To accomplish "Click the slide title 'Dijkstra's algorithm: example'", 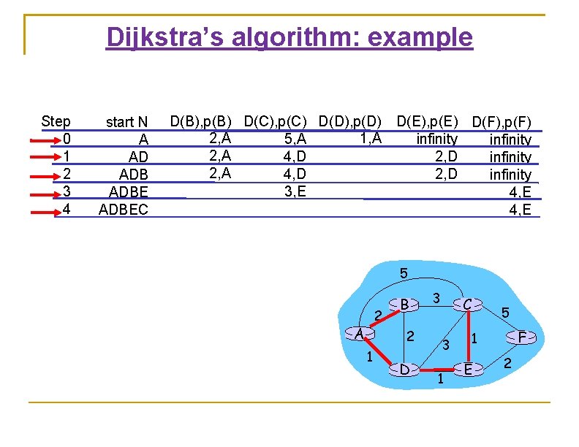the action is pyautogui.click(x=289, y=37).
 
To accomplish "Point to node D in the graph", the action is pyautogui.click(x=404, y=369).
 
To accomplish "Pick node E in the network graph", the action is pyautogui.click(x=469, y=369).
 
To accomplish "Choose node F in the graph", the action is pyautogui.click(x=521, y=337).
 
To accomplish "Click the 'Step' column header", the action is pyautogui.click(x=56, y=121).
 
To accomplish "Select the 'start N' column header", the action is pyautogui.click(x=126, y=122).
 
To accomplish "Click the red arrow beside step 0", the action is pyautogui.click(x=47, y=140).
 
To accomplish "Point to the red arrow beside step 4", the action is pyautogui.click(x=47, y=210).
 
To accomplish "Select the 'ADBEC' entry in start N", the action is pyautogui.click(x=123, y=210).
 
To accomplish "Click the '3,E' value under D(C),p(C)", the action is pyautogui.click(x=294, y=192).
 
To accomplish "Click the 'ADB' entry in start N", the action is pyautogui.click(x=133, y=175).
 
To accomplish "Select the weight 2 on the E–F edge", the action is pyautogui.click(x=508, y=364).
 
